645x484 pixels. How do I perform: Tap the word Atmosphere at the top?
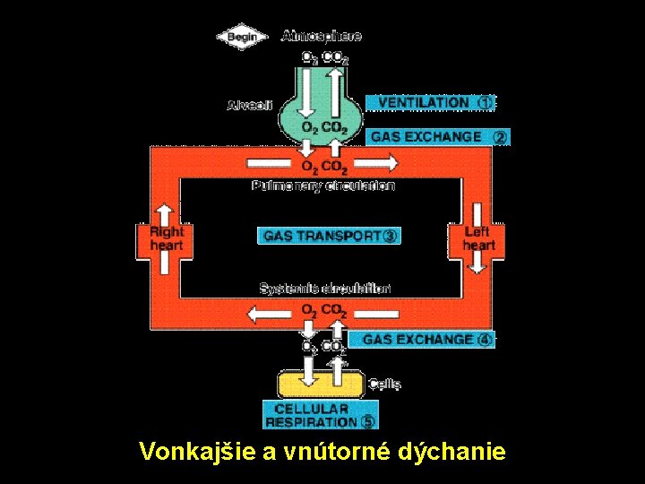[x=322, y=36]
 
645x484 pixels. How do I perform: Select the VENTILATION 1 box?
[x=430, y=103]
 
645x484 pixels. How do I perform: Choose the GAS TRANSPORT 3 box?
[x=328, y=236]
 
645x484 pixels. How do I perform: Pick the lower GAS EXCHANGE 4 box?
[x=426, y=340]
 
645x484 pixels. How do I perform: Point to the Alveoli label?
[x=245, y=105]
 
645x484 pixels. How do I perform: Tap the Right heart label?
[x=166, y=238]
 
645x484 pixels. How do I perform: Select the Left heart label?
[x=478, y=238]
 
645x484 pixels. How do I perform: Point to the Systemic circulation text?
[x=324, y=289]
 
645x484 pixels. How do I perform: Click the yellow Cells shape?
[x=320, y=385]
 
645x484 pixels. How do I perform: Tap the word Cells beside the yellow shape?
[x=385, y=385]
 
